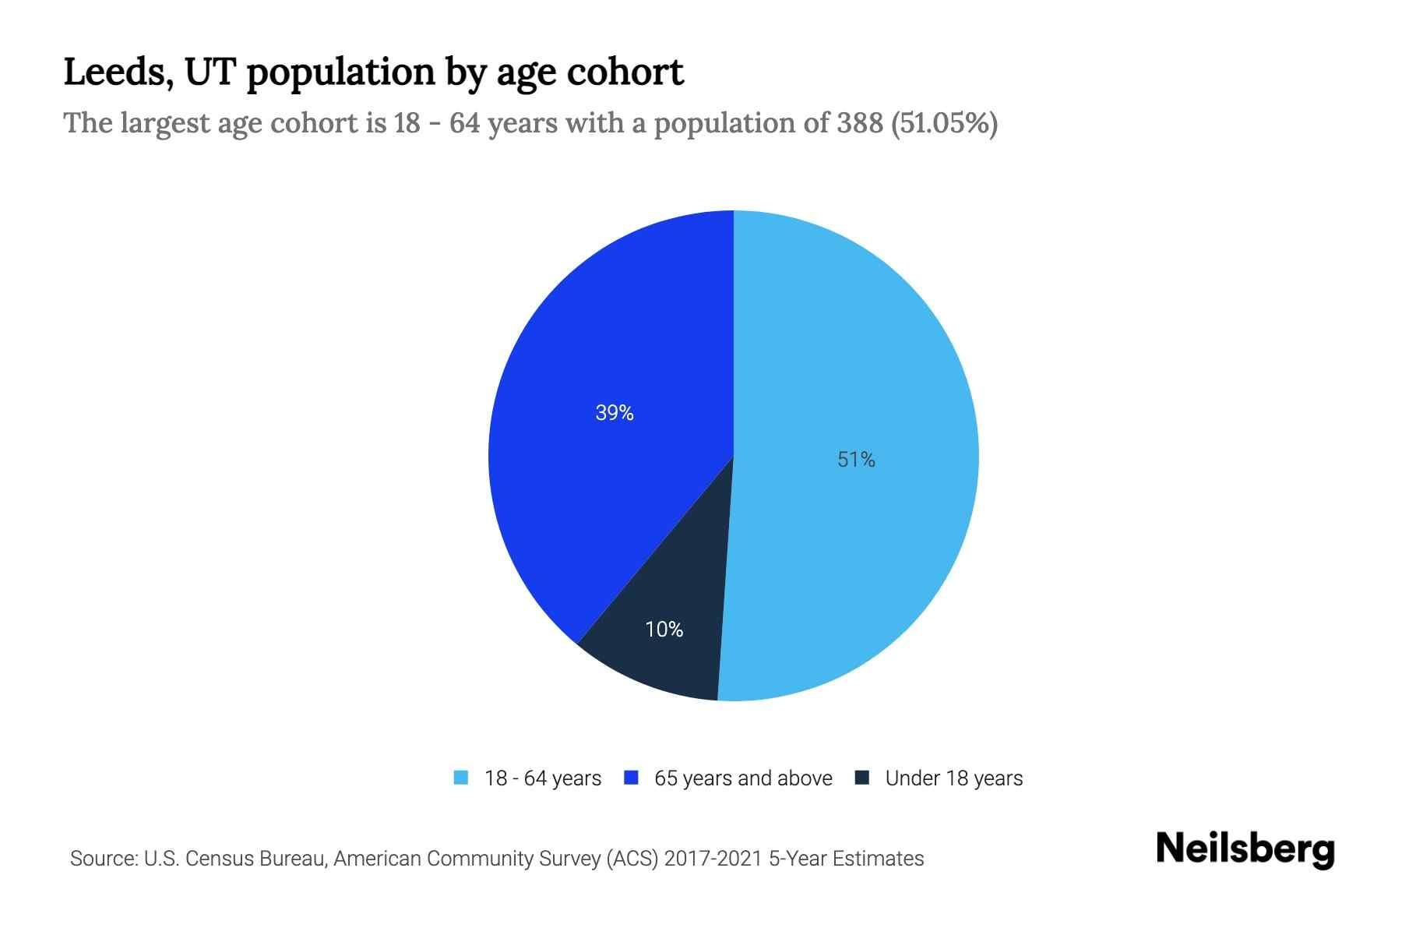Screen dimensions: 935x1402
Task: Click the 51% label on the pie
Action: coord(856,460)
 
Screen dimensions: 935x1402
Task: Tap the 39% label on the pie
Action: coord(615,413)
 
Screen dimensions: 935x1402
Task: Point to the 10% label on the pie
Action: coord(664,629)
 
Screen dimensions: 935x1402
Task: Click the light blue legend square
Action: coord(461,778)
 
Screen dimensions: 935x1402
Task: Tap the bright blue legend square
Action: coord(632,778)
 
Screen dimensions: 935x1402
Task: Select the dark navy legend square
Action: coord(862,778)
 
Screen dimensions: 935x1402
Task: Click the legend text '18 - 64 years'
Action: coord(543,778)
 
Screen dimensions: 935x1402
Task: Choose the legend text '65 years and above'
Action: coord(743,778)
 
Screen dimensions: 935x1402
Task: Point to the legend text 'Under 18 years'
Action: coord(954,778)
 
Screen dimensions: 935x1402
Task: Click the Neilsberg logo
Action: coord(1245,849)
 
